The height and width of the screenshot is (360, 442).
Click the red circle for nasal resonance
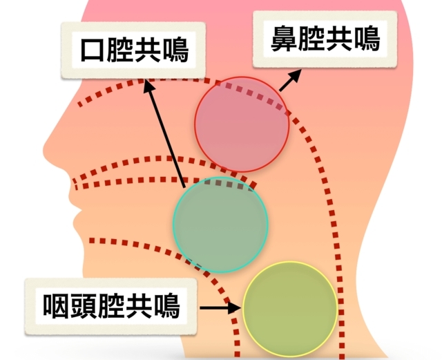pos(242,124)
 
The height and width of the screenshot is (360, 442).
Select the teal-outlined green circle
pos(220,225)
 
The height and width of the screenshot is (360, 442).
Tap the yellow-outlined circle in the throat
pos(290,309)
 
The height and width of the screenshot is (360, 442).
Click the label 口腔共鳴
pos(134,50)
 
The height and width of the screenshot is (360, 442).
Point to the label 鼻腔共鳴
pos(325,39)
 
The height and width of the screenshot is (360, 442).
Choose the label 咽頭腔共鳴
pos(111,306)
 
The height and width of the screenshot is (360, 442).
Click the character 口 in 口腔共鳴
pos(93,50)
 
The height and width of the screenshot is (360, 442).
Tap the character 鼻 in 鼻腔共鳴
pos(284,39)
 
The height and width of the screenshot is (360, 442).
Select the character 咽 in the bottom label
pos(56,306)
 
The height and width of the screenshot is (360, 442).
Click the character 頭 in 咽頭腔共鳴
pos(84,306)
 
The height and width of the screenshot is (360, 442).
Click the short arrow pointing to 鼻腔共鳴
pos(290,81)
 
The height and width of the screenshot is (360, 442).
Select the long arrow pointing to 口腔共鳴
pos(164,133)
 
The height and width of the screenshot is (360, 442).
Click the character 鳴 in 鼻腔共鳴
pos(367,39)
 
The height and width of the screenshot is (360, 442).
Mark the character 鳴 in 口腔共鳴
pos(175,50)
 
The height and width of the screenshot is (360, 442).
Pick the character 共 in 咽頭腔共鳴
pos(139,306)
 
